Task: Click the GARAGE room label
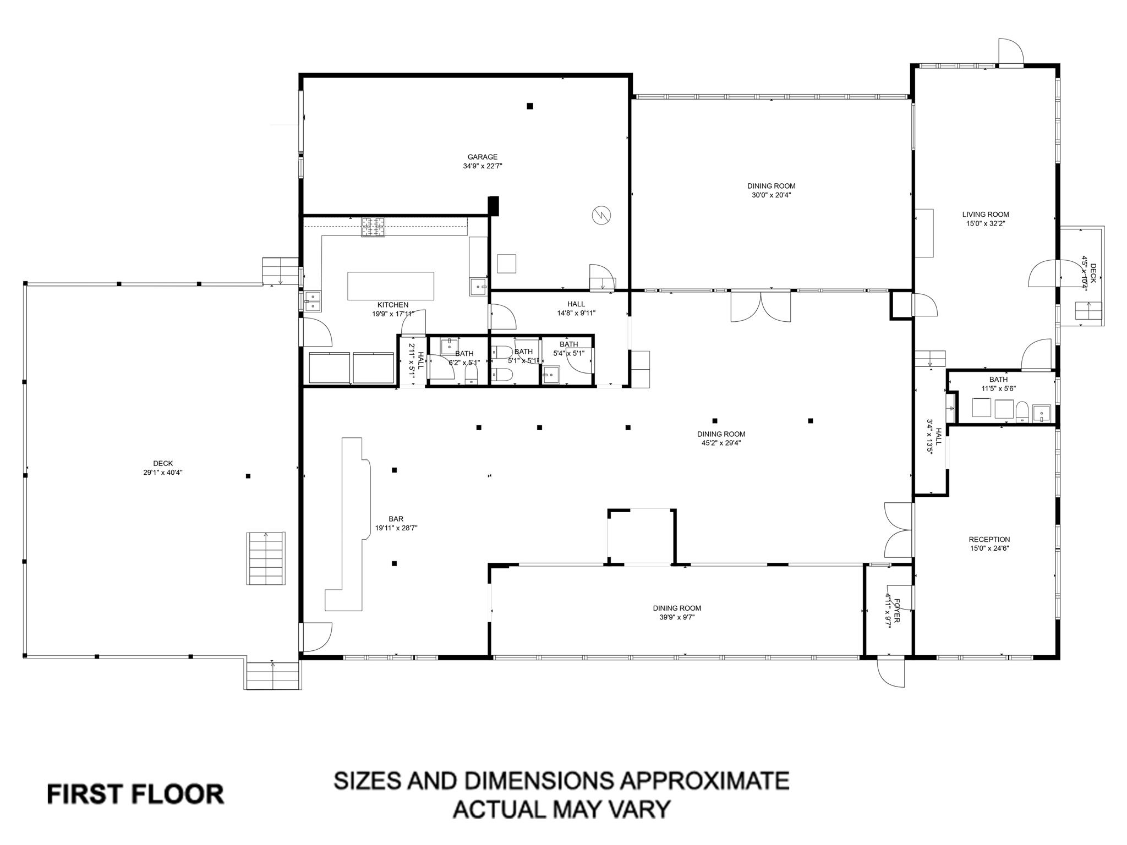[482, 157]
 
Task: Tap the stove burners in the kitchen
[373, 227]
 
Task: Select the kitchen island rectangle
[391, 286]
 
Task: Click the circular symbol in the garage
[601, 215]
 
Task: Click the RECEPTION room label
[989, 539]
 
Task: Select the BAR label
[396, 519]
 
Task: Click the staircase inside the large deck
[266, 558]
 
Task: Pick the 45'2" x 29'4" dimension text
[721, 443]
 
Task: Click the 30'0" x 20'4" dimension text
[771, 195]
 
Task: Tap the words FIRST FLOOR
[135, 794]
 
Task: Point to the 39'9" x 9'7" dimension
[677, 617]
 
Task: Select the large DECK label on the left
[163, 463]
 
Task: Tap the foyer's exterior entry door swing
[891, 673]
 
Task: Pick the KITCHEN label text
[393, 305]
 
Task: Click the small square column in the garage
[530, 106]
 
